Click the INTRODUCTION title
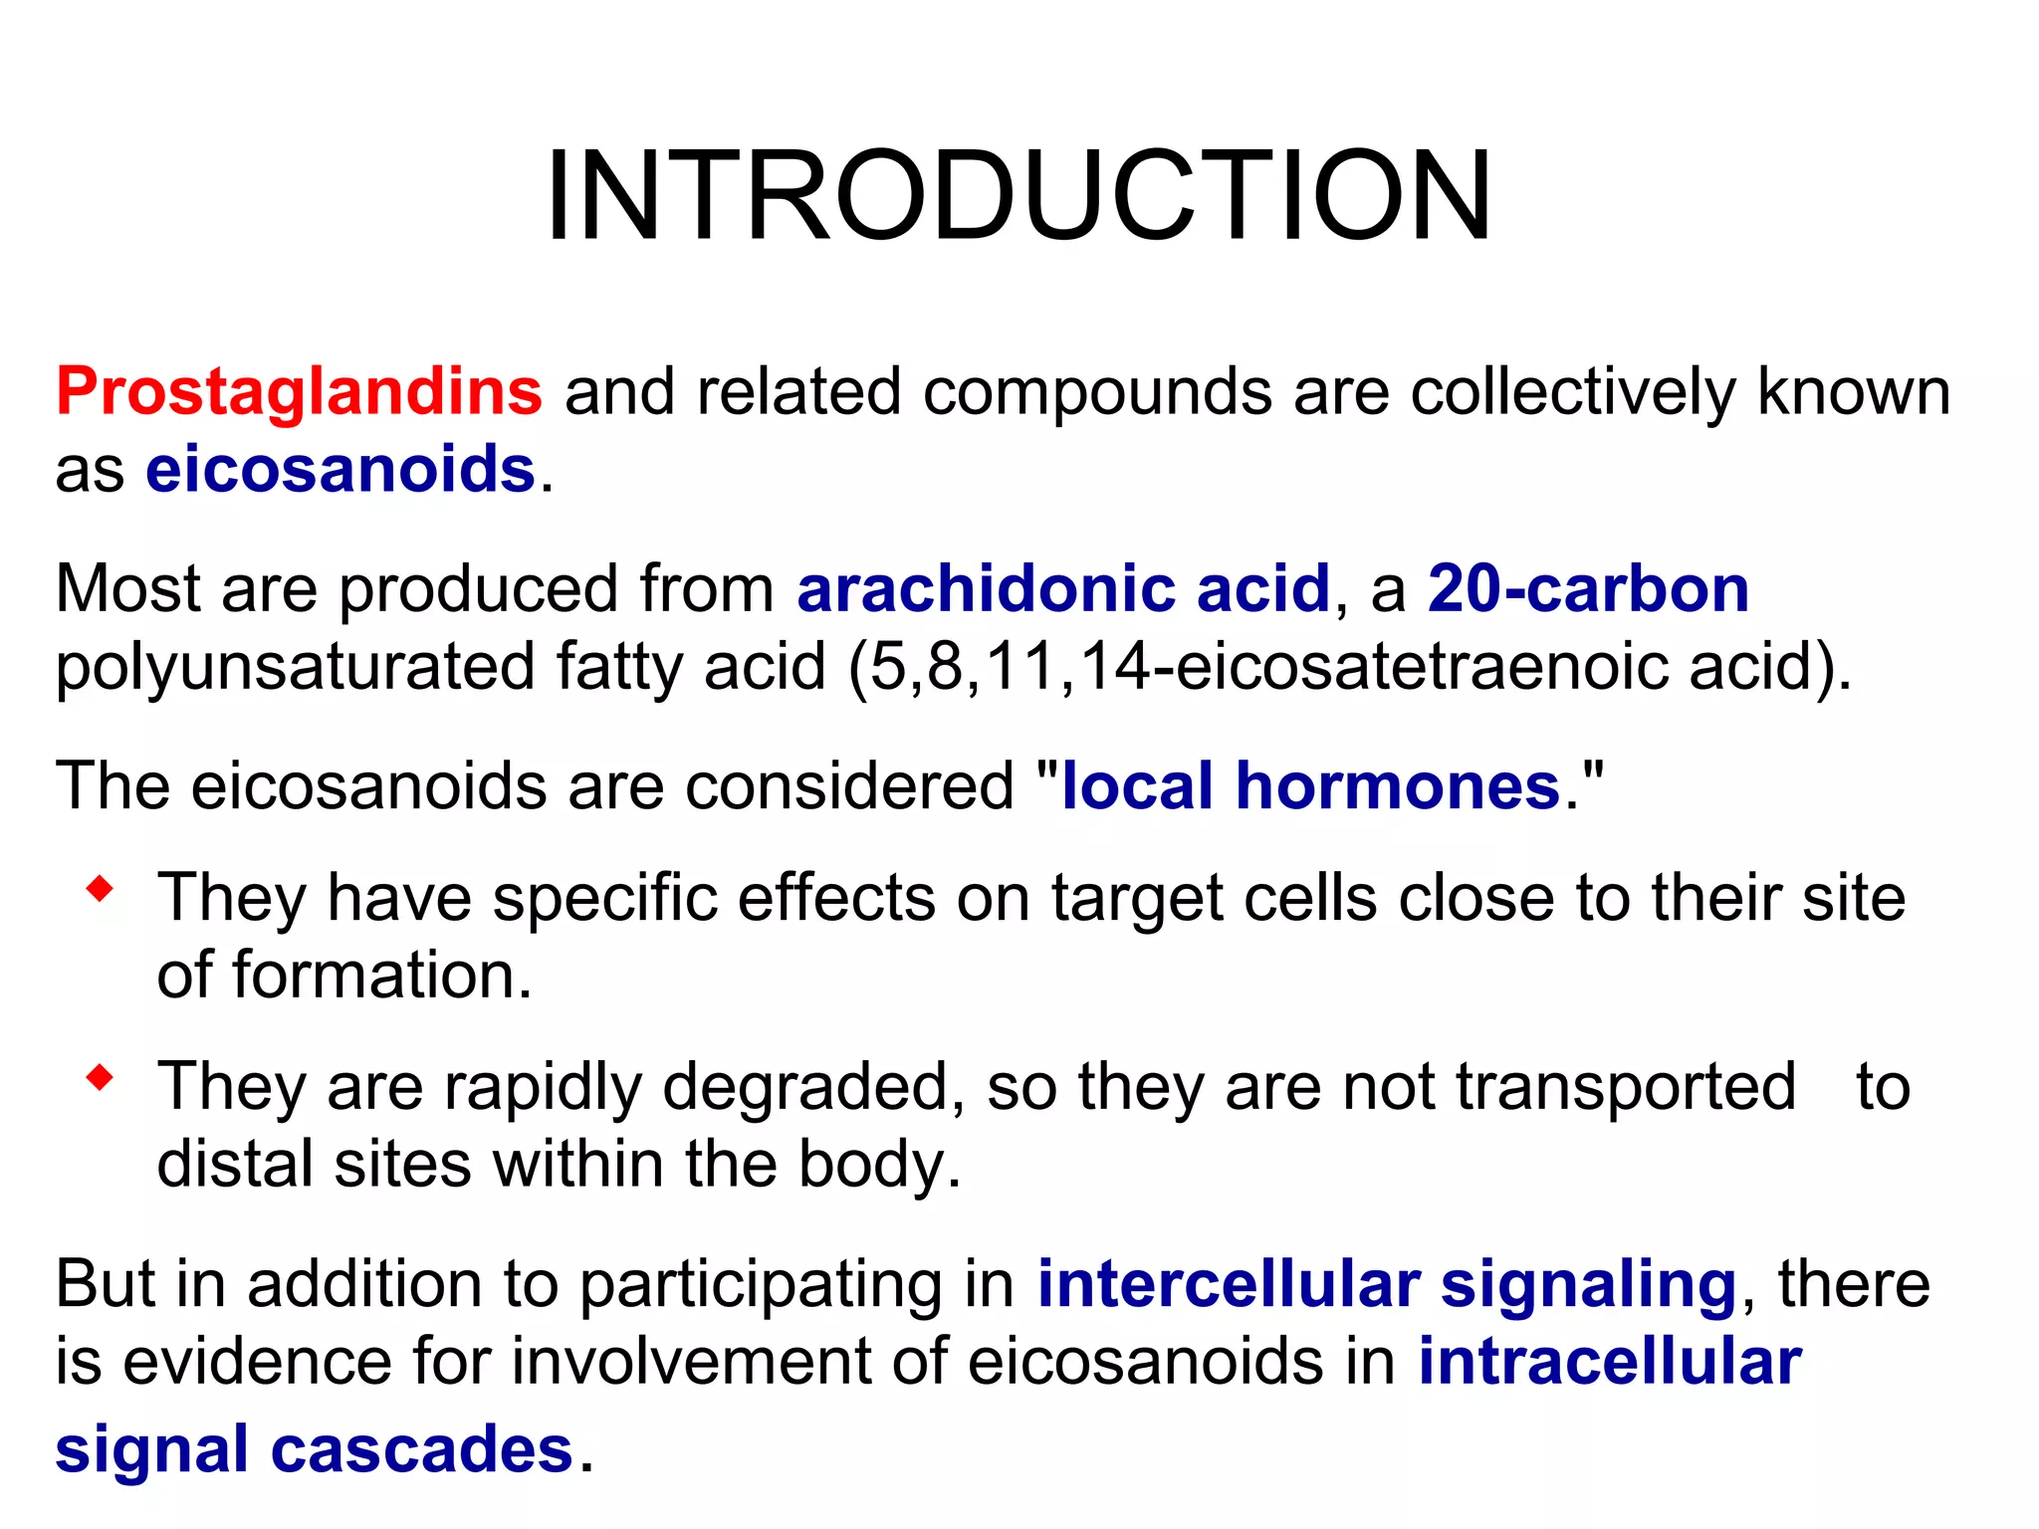[1018, 195]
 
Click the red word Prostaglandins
[299, 391]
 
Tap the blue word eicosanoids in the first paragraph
[340, 469]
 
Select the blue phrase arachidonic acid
[1063, 588]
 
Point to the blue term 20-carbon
[1588, 588]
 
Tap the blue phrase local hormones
[1310, 786]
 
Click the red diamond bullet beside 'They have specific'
[100, 888]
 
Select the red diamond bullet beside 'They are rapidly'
[100, 1077]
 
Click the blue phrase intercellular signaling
[1387, 1284]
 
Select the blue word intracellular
[1610, 1362]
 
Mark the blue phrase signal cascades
[314, 1449]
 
